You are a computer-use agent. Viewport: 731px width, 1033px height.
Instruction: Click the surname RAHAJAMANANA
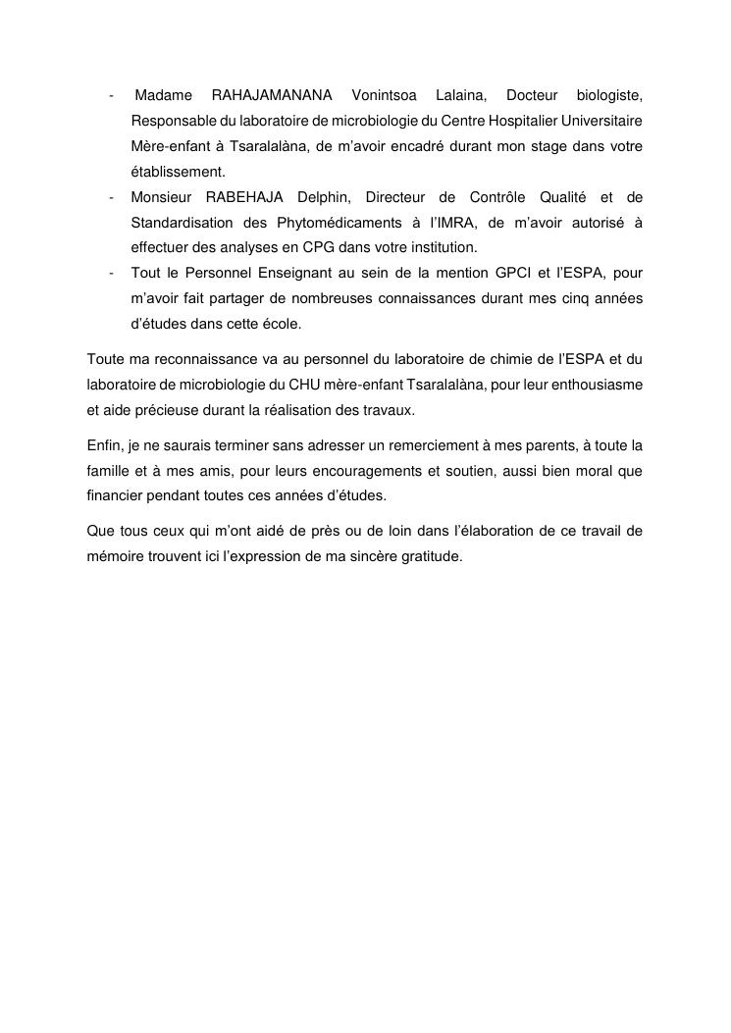273,95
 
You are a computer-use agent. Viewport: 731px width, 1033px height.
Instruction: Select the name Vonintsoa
383,95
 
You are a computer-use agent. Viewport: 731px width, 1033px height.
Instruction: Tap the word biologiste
608,95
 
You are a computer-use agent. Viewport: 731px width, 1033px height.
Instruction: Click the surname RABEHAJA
242,196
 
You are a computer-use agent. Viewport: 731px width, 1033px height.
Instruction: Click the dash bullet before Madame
113,95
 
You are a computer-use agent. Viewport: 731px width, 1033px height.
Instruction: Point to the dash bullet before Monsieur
113,196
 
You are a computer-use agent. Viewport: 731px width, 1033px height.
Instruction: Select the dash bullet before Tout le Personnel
113,272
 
